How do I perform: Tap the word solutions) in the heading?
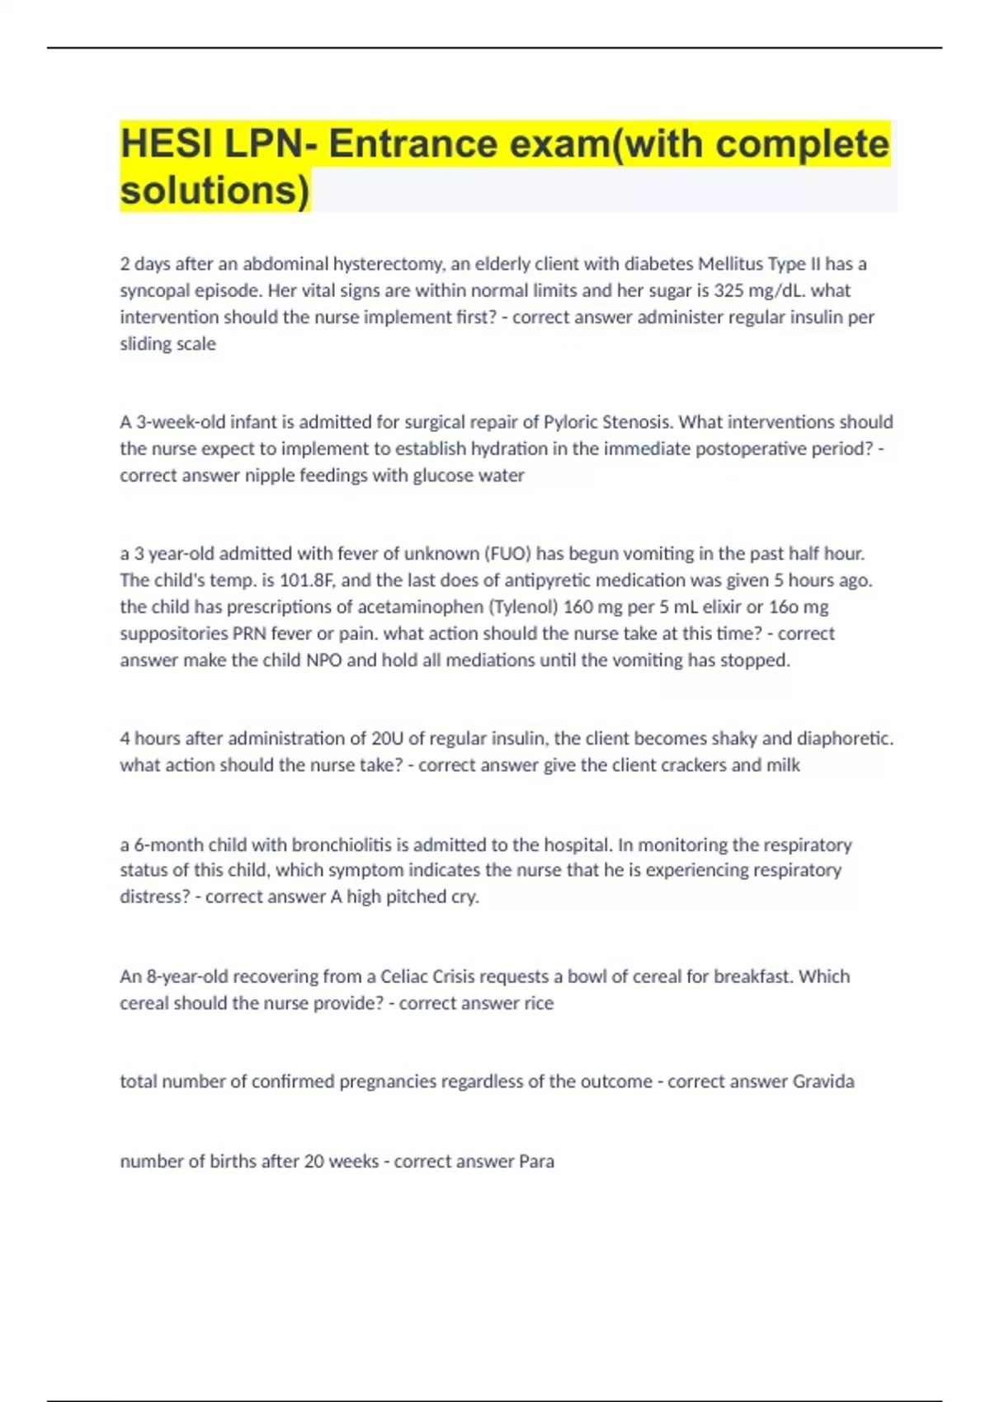(215, 191)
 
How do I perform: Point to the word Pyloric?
(570, 422)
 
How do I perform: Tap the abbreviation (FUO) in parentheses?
(506, 553)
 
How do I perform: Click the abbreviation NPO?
(324, 661)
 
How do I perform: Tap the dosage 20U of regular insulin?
(389, 738)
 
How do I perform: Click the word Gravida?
(823, 1081)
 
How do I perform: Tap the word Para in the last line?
(536, 1161)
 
